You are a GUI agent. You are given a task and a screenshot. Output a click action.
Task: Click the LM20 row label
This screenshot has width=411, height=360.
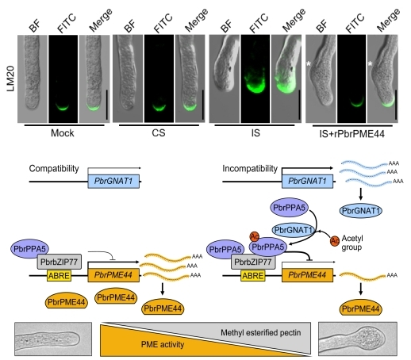(x=10, y=79)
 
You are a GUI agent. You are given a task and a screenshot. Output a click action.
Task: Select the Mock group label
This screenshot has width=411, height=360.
(x=63, y=133)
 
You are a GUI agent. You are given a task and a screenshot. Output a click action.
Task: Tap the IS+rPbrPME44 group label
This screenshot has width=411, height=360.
(x=351, y=134)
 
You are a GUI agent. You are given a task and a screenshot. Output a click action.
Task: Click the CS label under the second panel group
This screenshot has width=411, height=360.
(x=159, y=132)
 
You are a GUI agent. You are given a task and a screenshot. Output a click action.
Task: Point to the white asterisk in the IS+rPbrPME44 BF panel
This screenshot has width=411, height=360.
(x=309, y=63)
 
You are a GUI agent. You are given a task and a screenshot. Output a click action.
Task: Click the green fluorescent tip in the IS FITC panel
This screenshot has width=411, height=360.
(x=255, y=86)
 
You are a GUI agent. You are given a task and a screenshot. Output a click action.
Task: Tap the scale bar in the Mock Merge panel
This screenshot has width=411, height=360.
(x=107, y=105)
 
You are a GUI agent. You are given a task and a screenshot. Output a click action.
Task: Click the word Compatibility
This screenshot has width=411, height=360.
(x=54, y=169)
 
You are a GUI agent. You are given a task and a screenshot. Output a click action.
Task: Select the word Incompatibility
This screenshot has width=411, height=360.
(x=250, y=169)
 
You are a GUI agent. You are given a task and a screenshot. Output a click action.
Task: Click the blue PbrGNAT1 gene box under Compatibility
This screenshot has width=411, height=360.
(x=113, y=182)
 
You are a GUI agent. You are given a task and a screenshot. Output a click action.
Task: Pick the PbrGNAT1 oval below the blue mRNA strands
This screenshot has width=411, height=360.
(x=361, y=211)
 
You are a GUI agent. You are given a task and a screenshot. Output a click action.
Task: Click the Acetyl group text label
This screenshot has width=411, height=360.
(x=352, y=243)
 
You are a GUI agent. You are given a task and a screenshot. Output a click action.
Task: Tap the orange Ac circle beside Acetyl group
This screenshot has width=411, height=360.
(x=335, y=241)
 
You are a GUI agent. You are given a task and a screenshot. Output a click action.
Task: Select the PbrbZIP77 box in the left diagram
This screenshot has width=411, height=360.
(x=59, y=262)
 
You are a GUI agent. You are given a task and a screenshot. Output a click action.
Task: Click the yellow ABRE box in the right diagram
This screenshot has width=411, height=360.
(x=253, y=276)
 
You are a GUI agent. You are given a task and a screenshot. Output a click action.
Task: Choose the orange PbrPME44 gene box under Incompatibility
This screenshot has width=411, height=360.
(x=307, y=275)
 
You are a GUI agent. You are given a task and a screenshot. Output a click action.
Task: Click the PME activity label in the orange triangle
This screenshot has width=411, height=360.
(x=163, y=344)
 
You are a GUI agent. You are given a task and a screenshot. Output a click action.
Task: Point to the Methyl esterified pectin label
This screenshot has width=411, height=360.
(x=261, y=332)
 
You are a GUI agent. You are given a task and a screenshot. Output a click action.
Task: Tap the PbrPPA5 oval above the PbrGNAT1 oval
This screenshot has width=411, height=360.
(x=290, y=208)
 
